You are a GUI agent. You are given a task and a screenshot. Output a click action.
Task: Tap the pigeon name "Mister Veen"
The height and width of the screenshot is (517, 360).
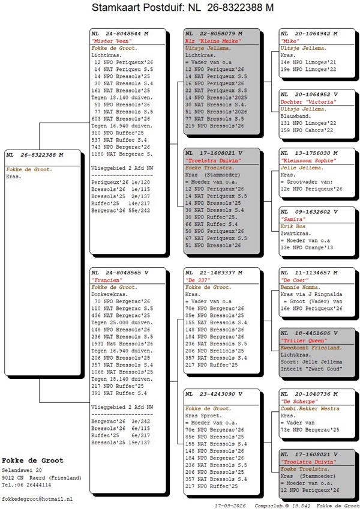coord(112,41)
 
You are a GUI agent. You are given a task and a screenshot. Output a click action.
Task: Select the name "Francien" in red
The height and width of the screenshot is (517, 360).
coord(107,280)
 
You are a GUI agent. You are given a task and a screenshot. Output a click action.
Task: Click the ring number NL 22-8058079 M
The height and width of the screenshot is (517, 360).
coord(214,34)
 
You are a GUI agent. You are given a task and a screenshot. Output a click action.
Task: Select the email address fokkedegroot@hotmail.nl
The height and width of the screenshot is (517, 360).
coord(37,499)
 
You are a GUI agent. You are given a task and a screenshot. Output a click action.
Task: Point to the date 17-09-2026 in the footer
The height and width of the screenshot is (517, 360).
coord(230,506)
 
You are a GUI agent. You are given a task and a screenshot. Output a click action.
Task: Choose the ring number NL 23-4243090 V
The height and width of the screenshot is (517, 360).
coord(214,394)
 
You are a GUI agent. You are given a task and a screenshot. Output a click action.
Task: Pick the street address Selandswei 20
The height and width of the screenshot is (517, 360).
coord(22,470)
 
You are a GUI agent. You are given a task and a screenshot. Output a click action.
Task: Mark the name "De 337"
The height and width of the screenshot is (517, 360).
coord(198,280)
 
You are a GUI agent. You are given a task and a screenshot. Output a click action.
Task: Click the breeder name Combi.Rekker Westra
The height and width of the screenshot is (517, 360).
coord(310,408)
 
